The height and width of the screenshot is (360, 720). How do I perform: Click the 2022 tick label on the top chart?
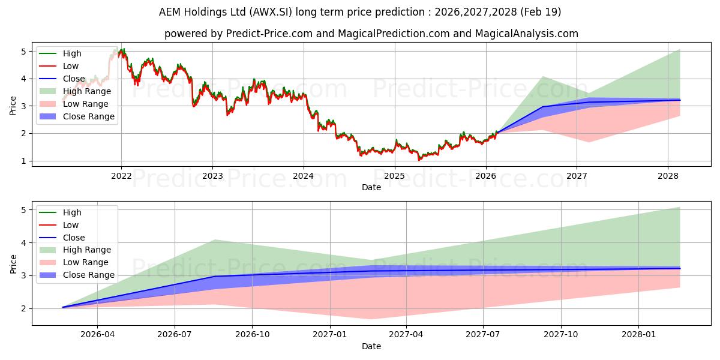(x=121, y=176)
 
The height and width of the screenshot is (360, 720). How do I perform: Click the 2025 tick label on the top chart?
(x=394, y=176)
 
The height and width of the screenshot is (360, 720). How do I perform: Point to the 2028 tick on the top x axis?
(x=668, y=176)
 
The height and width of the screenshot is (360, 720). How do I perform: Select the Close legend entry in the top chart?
(x=74, y=79)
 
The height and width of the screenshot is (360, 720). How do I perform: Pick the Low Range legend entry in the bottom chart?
(x=86, y=262)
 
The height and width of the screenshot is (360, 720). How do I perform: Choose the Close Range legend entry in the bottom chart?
(x=88, y=275)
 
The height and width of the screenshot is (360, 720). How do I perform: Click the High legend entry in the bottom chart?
(x=72, y=212)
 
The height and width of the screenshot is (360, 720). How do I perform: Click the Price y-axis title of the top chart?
(x=13, y=106)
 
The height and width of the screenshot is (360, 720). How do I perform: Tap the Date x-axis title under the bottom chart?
(x=371, y=346)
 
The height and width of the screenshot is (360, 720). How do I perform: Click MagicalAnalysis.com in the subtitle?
(x=526, y=34)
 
